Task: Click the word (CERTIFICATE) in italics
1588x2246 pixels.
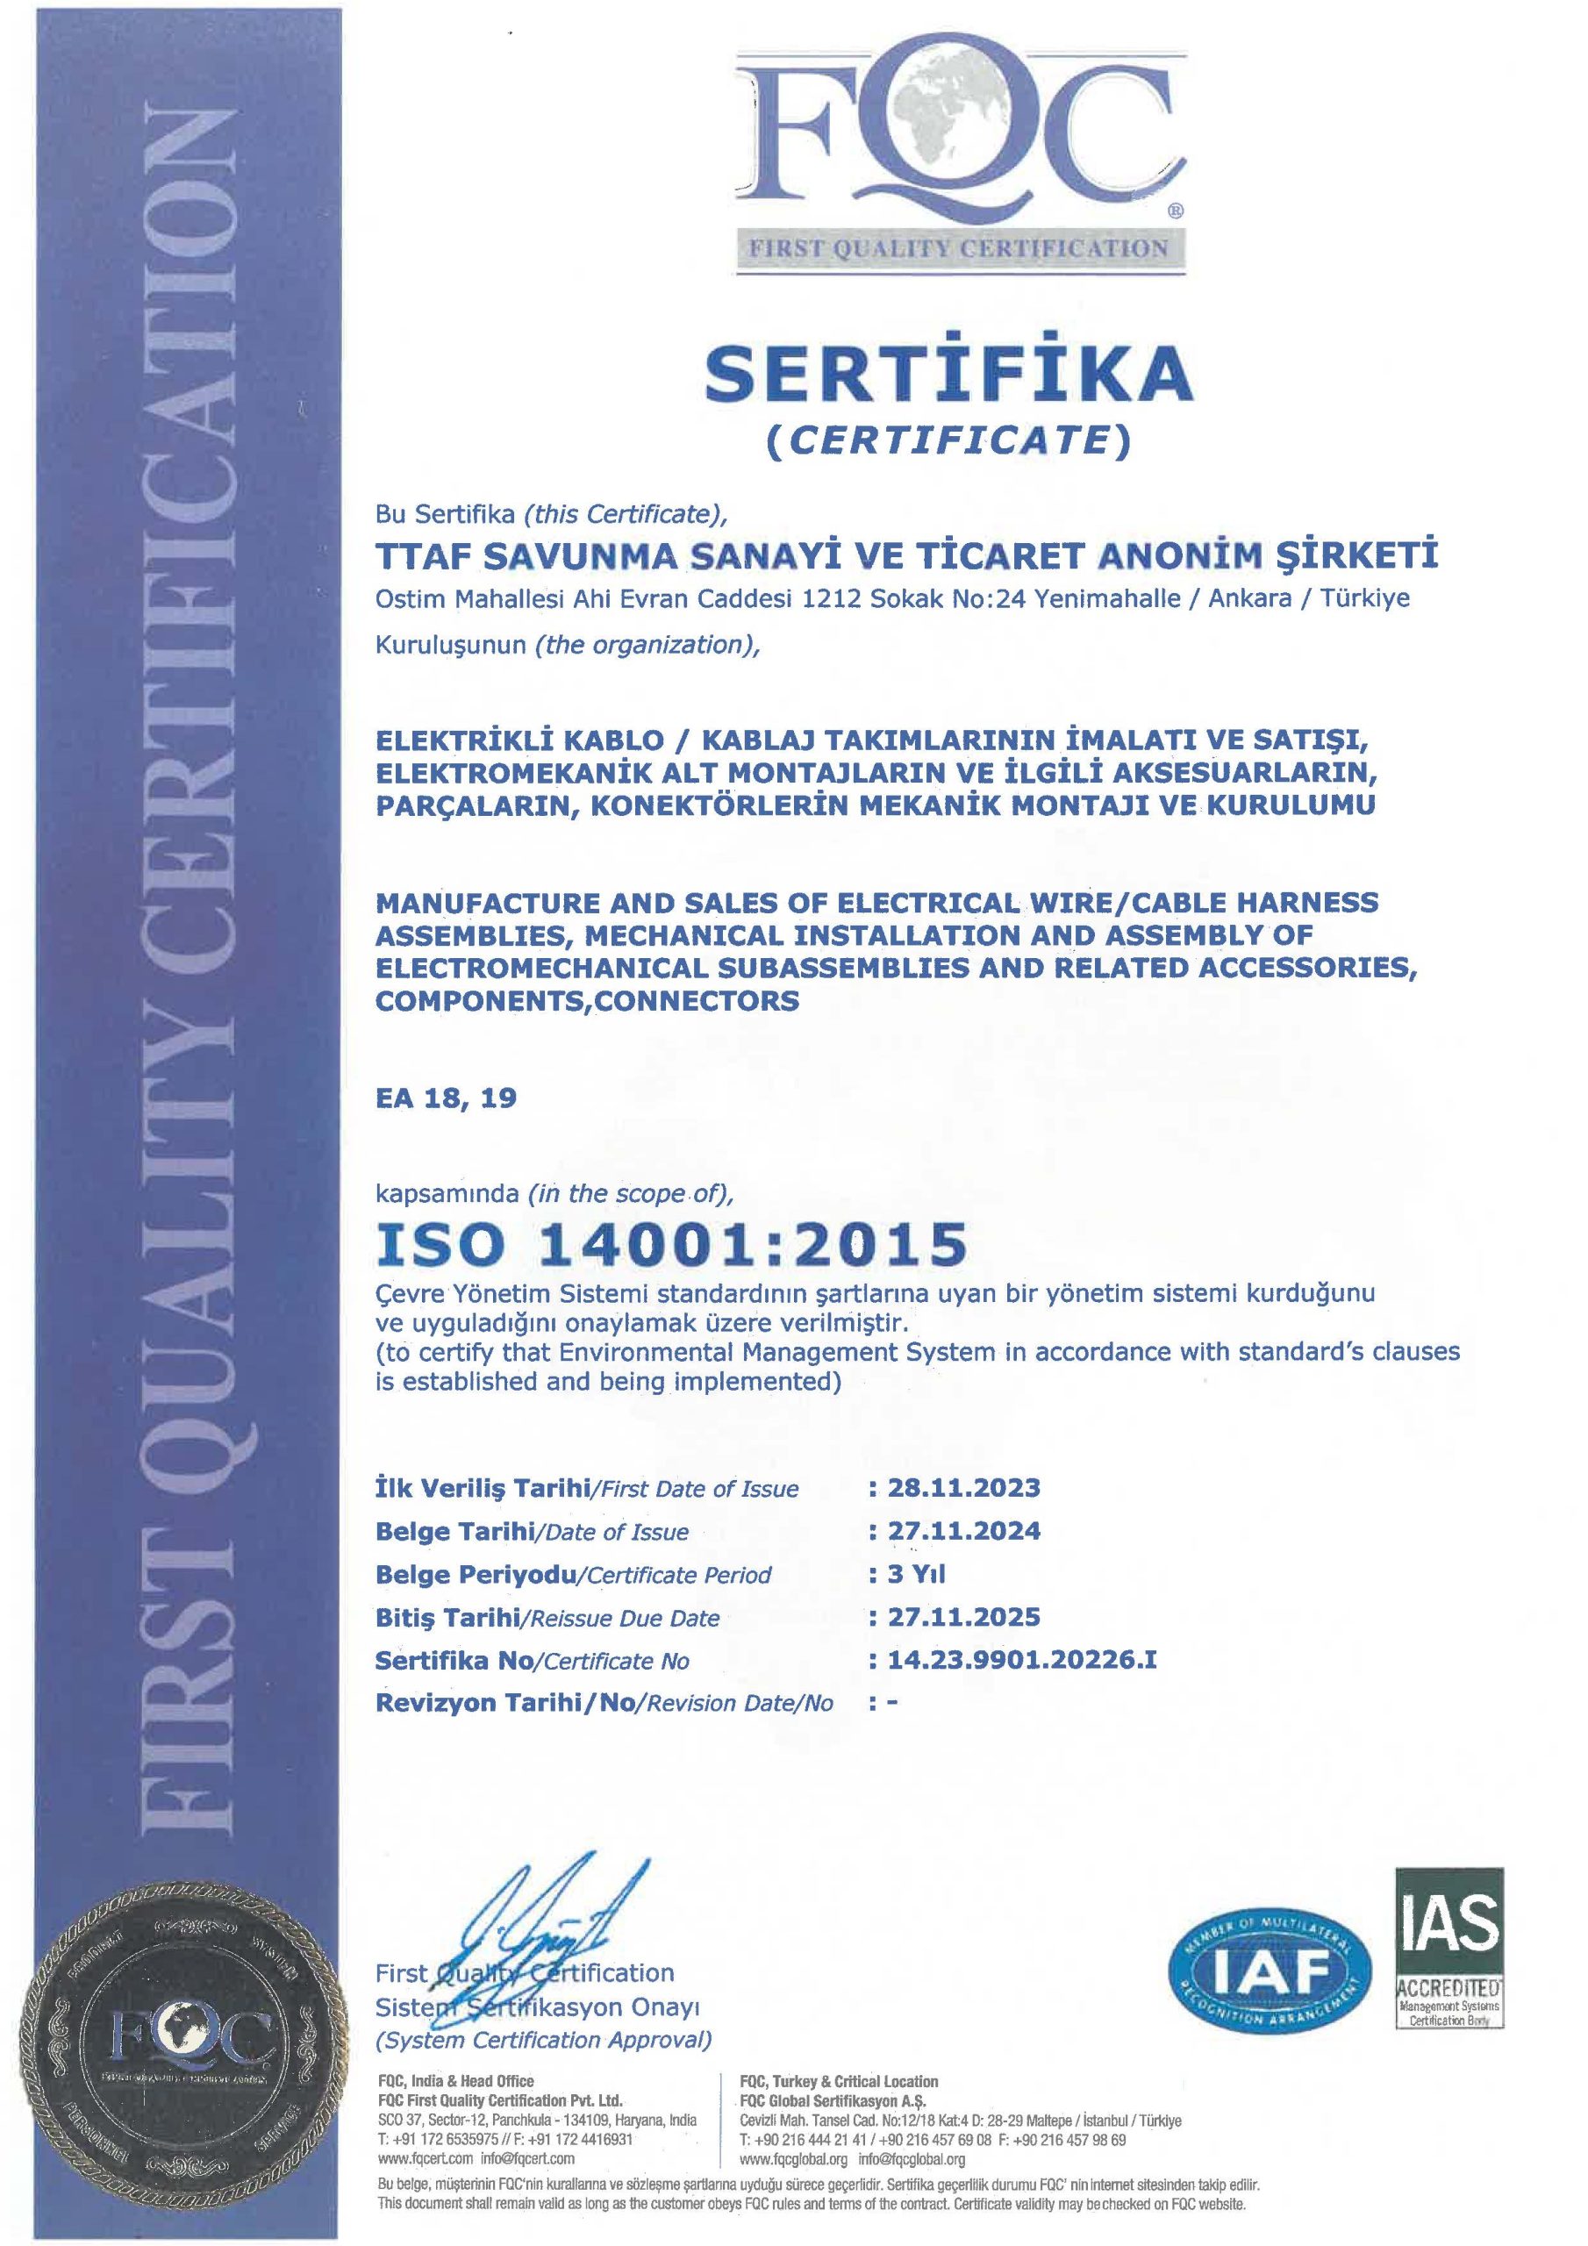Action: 948,441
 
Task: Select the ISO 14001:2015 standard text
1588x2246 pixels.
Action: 672,1244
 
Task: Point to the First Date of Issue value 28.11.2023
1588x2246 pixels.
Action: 962,1488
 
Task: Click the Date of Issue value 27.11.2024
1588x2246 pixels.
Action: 962,1531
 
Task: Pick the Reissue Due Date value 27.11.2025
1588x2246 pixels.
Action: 962,1617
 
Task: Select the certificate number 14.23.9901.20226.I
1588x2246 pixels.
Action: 1021,1660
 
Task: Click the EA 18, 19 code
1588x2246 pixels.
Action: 445,1098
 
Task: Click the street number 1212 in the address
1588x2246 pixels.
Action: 832,597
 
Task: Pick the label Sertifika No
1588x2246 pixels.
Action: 456,1660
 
